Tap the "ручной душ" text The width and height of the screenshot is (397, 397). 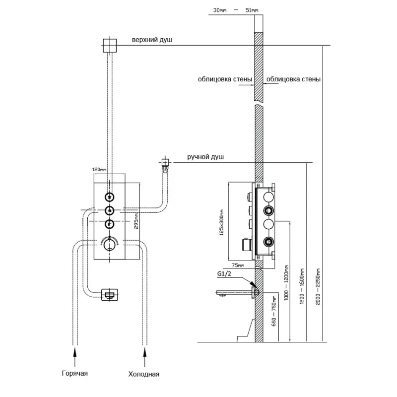(205, 157)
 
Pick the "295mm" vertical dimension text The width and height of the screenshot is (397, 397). (135, 221)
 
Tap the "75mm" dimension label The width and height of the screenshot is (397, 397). (239, 266)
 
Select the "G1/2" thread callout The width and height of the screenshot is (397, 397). (224, 274)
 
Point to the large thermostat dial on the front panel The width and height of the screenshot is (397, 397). (109, 244)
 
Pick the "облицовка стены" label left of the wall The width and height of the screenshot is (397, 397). (225, 79)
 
